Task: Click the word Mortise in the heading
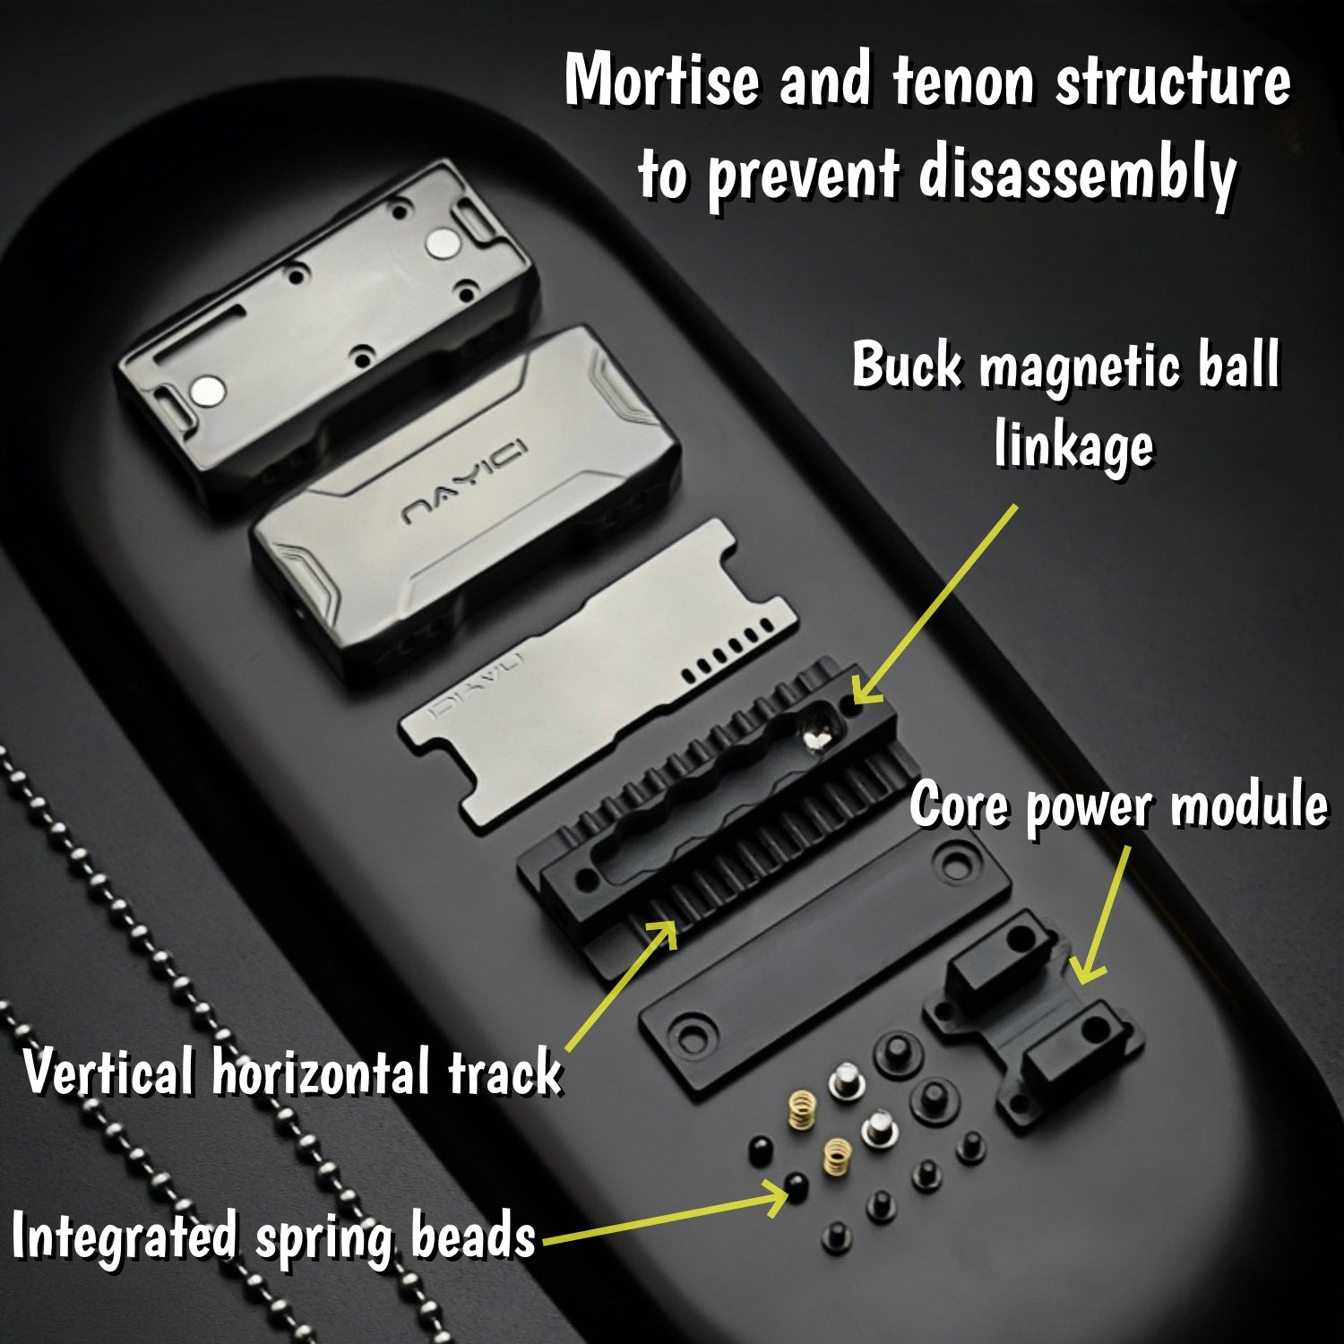pos(661,81)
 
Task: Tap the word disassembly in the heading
pos(1078,175)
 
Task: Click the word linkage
pos(1073,444)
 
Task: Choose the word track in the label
pos(504,1072)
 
